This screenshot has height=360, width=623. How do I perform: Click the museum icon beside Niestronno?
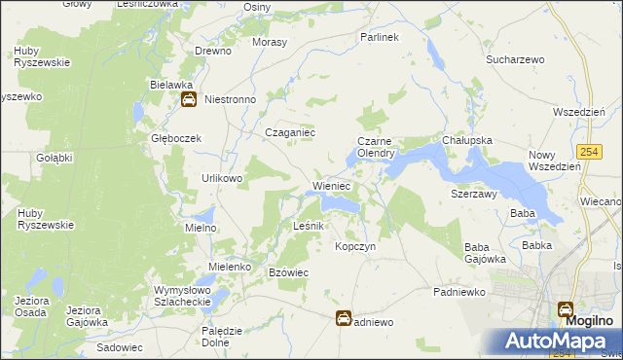coord(189,99)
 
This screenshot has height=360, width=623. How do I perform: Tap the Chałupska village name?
coord(467,140)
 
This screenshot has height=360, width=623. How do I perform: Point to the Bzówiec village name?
coord(288,272)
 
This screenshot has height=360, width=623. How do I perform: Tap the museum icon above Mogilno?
coord(566,309)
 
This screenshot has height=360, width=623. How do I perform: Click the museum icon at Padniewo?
coord(344,318)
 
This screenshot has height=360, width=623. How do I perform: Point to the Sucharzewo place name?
coord(515,59)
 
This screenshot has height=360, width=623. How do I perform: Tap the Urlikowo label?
coord(222,178)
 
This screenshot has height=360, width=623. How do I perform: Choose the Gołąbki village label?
coord(55,157)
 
